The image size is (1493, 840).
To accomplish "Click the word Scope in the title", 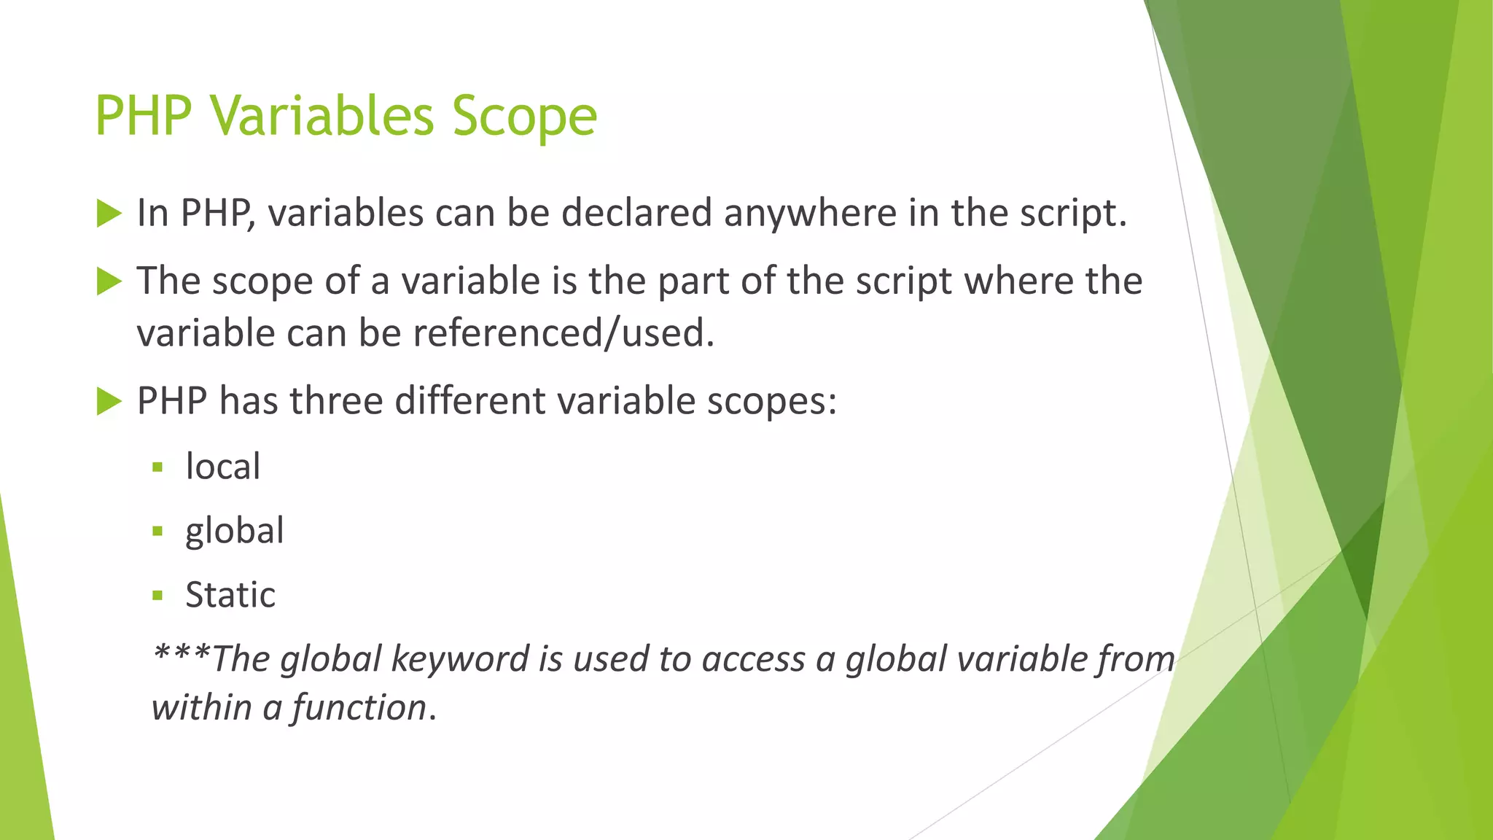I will click(x=524, y=117).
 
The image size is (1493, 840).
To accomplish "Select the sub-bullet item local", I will click(x=222, y=467).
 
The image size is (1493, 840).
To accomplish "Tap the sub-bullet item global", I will click(x=234, y=531).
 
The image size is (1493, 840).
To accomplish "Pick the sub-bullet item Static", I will click(x=230, y=595).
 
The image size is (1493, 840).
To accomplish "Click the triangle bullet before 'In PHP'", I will click(x=109, y=214).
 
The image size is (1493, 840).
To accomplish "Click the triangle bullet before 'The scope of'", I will click(x=109, y=281).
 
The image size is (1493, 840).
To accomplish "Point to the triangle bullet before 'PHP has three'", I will click(x=109, y=401).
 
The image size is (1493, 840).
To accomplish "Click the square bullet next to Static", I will click(x=157, y=596).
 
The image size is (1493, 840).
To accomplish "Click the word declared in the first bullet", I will click(x=636, y=214).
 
